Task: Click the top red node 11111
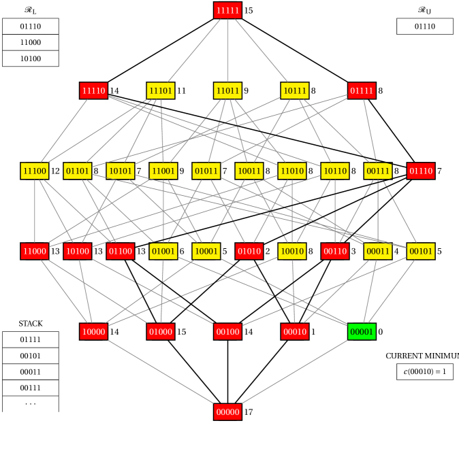(227, 10)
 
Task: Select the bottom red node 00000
(227, 411)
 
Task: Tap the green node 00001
(362, 331)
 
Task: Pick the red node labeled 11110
(93, 90)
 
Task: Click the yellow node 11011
(227, 90)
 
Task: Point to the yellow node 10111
(294, 90)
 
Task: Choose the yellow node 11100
(35, 171)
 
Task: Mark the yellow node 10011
(249, 171)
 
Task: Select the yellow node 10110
(335, 171)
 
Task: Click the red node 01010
(249, 251)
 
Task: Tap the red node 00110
(335, 251)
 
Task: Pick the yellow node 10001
(206, 251)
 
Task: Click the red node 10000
(93, 331)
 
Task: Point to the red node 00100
(227, 331)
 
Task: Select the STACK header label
(31, 323)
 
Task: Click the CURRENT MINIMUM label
(421, 356)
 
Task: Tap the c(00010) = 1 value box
(425, 371)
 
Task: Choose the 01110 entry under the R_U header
(425, 26)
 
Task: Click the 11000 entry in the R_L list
(31, 42)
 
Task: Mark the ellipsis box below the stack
(31, 404)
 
